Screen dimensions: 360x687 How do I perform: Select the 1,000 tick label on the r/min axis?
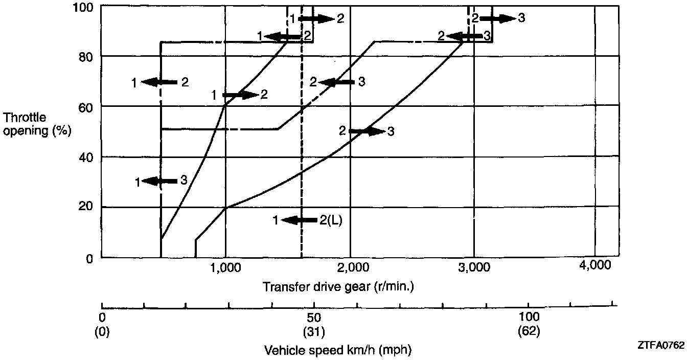click(x=225, y=267)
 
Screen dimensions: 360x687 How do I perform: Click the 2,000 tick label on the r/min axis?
click(x=351, y=267)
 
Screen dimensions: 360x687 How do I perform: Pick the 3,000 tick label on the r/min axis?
click(x=474, y=267)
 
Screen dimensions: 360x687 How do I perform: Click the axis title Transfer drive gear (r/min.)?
click(x=338, y=287)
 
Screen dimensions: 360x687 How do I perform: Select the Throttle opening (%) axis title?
click(x=35, y=124)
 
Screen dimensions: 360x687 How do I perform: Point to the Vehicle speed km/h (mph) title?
click(x=338, y=350)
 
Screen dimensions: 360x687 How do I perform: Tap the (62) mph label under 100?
click(x=529, y=331)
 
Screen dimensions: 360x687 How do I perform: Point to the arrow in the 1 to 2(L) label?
click(x=299, y=220)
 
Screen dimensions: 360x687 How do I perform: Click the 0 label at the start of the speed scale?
click(x=102, y=317)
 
